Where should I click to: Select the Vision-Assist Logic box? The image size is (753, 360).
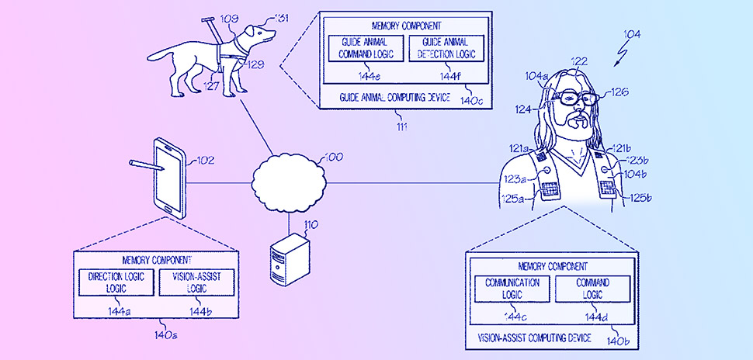[196, 282]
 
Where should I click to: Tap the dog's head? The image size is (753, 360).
[258, 35]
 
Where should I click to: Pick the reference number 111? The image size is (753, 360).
[401, 125]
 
